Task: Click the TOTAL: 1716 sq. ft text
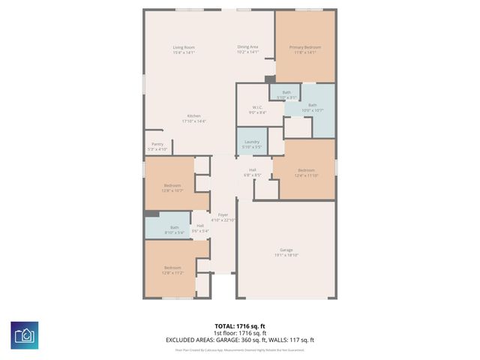(x=239, y=325)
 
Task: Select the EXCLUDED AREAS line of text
(x=239, y=340)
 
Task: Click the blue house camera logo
(x=25, y=334)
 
